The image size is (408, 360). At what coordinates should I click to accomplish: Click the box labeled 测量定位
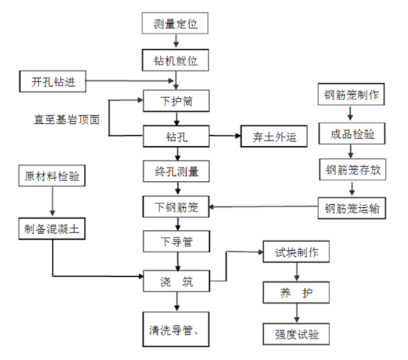click(x=177, y=24)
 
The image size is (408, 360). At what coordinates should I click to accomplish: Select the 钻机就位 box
click(x=177, y=58)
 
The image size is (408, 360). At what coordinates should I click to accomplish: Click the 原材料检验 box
click(x=52, y=177)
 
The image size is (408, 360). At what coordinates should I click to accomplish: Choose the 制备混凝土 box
click(x=52, y=229)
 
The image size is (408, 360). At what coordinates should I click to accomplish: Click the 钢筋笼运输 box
click(x=352, y=208)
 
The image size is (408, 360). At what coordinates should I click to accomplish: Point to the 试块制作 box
click(x=296, y=252)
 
